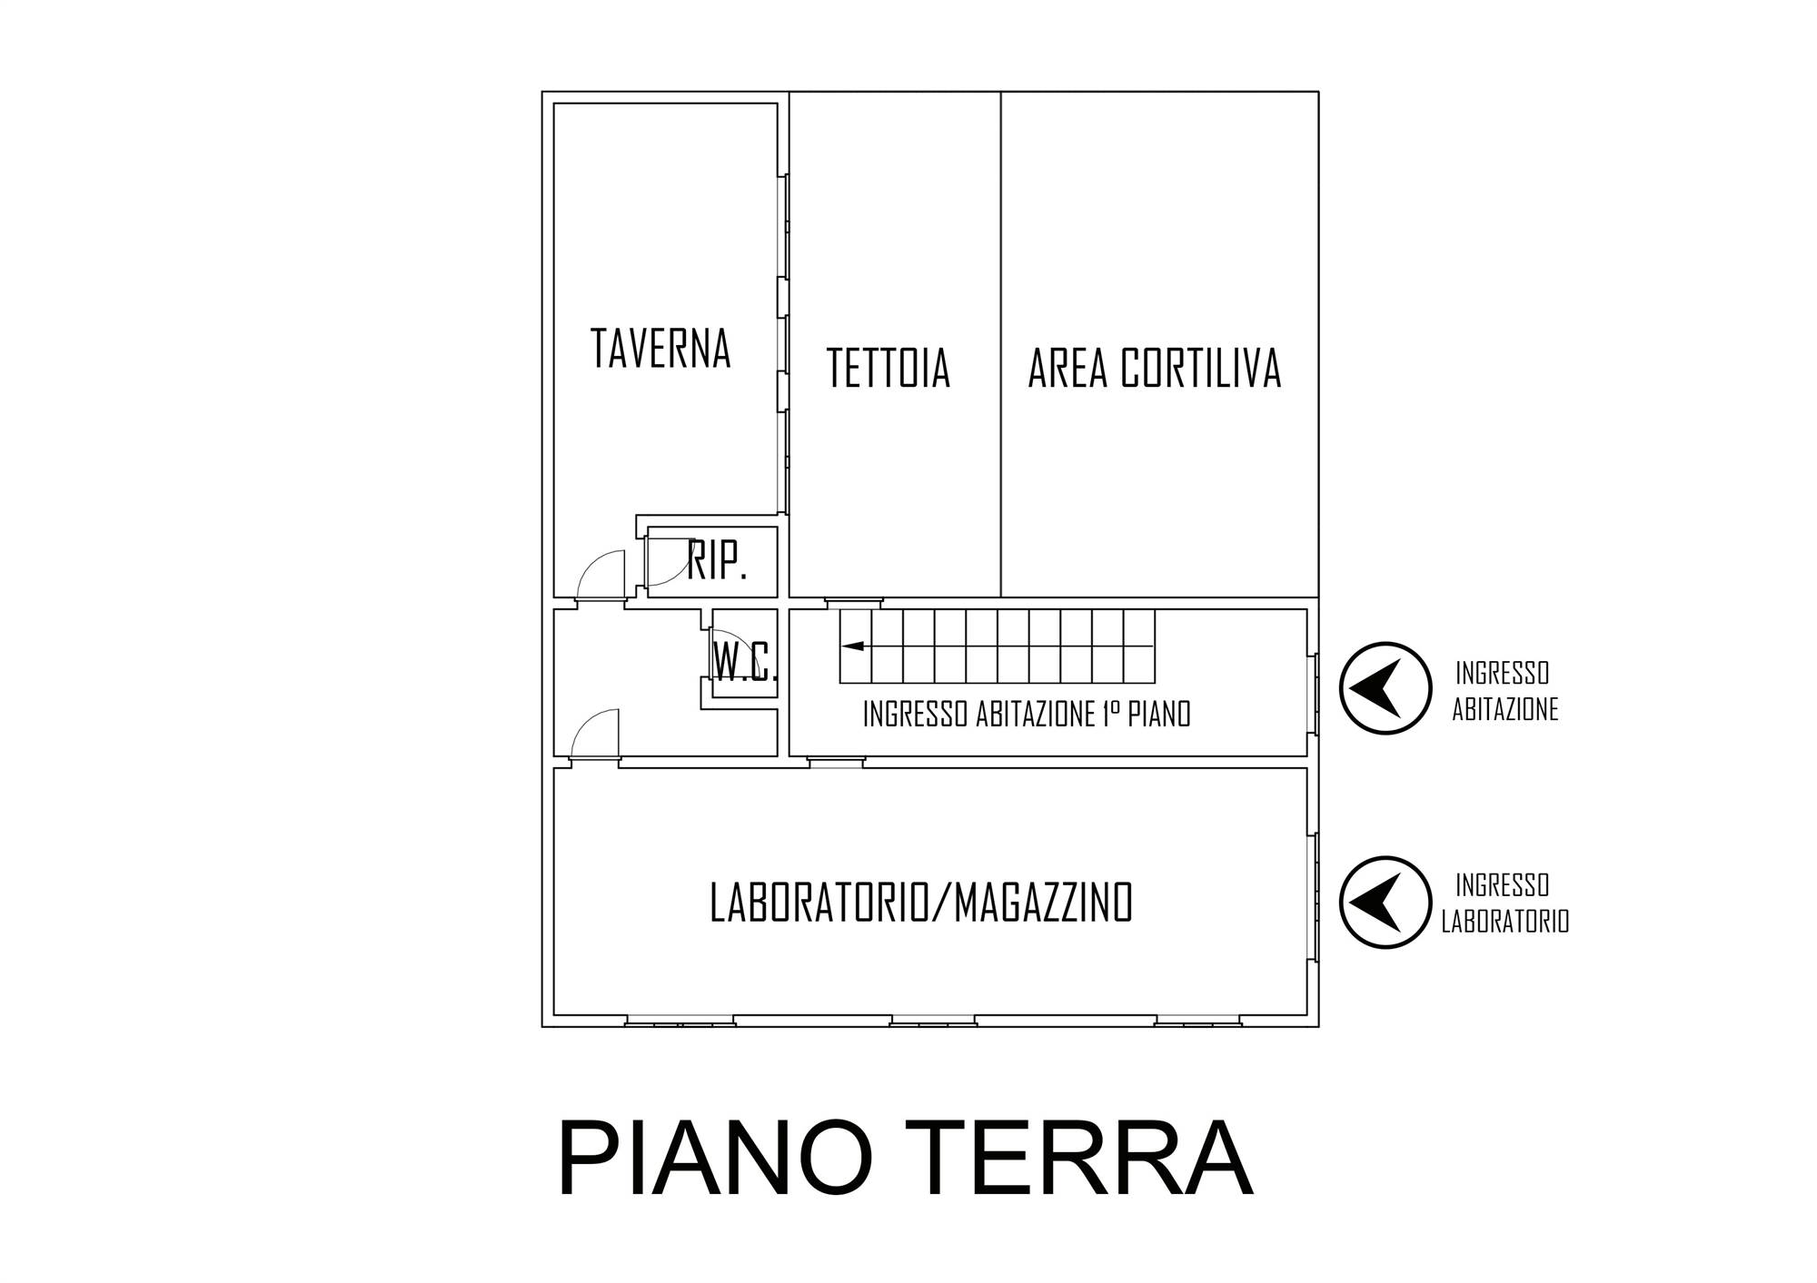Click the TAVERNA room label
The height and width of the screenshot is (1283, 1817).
[x=660, y=348]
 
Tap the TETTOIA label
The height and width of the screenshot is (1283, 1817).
[x=889, y=368]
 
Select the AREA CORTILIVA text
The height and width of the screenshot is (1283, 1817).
[x=1155, y=368]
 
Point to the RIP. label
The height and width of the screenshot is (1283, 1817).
[x=717, y=560]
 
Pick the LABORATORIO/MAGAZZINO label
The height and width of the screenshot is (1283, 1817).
[x=921, y=903]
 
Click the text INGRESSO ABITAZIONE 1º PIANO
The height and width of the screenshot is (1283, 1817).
[x=1027, y=715]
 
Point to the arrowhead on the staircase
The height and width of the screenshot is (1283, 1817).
[x=852, y=646]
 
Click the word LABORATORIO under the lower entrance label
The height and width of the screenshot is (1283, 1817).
[x=1505, y=922]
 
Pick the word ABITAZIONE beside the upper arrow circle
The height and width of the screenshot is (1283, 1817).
[x=1505, y=710]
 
